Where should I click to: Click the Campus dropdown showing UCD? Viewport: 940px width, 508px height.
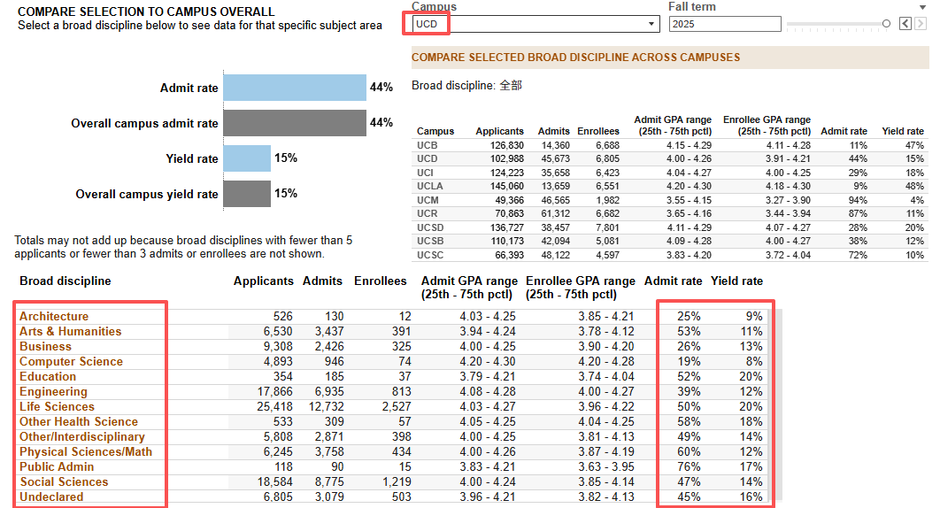[536, 24]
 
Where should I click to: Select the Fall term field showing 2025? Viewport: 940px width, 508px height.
[725, 24]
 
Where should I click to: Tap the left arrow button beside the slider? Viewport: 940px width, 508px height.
[905, 24]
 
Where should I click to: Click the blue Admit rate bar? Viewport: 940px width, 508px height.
[295, 88]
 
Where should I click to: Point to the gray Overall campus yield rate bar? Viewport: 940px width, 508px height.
[247, 194]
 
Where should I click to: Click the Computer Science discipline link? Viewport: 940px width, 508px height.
[71, 362]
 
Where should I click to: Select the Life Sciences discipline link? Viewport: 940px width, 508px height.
[57, 406]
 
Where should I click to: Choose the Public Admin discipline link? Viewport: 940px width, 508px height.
[57, 466]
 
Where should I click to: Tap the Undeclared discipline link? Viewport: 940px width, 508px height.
[51, 496]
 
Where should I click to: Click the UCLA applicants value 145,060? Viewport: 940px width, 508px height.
[506, 186]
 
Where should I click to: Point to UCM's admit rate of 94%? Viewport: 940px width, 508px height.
[858, 200]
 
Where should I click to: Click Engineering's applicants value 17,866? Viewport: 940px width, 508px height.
[274, 392]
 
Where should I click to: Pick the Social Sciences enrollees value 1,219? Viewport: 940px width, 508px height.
[397, 481]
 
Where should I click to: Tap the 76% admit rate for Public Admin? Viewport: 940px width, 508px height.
[689, 466]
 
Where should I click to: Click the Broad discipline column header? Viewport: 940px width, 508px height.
[65, 281]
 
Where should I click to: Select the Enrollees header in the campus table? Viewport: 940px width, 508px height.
[598, 131]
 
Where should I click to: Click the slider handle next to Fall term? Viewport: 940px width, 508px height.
[886, 23]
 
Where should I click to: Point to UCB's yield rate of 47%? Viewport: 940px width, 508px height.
[914, 145]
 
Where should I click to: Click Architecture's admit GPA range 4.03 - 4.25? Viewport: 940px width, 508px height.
[488, 316]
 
